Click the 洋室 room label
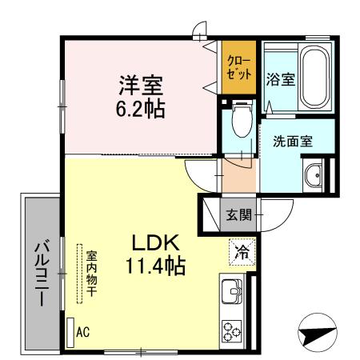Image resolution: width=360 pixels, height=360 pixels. click(141, 83)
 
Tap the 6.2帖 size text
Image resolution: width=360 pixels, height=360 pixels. click(141, 106)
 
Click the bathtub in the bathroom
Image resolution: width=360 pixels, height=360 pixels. click(314, 77)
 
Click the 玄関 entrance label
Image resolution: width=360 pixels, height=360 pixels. click(239, 214)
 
